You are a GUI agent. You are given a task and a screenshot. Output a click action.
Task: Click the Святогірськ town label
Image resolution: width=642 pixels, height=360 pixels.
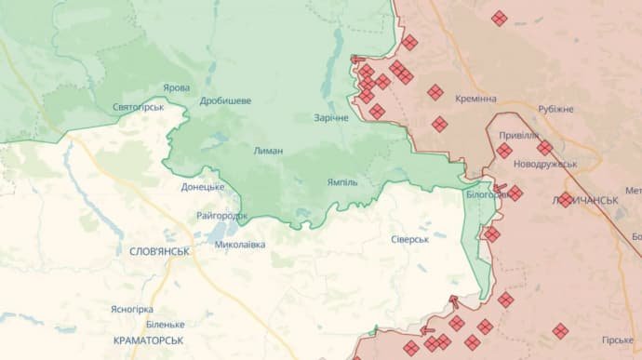pyautogui.click(x=138, y=107)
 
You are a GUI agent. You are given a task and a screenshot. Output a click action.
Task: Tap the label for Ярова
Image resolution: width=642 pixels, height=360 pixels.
pyautogui.click(x=177, y=87)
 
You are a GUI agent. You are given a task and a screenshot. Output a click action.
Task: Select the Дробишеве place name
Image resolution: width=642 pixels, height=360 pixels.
pyautogui.click(x=225, y=100)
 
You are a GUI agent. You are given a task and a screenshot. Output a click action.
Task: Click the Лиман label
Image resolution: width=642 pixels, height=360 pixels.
pyautogui.click(x=268, y=150)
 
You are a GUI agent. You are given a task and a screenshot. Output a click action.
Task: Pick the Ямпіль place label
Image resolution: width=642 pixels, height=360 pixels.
pyautogui.click(x=342, y=181)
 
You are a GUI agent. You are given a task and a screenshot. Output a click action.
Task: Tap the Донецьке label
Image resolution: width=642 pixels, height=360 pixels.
pyautogui.click(x=203, y=186)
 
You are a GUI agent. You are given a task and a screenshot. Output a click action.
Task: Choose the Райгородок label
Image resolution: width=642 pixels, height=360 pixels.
pyautogui.click(x=222, y=215)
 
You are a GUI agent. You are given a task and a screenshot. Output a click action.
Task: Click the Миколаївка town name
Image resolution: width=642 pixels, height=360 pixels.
pyautogui.click(x=239, y=245)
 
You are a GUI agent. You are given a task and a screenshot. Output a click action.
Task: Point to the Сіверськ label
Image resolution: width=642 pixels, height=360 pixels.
pyautogui.click(x=409, y=239)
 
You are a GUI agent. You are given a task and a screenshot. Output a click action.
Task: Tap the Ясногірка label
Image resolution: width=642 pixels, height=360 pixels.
pyautogui.click(x=131, y=309)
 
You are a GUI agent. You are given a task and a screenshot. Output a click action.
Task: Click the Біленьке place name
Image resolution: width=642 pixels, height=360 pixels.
pyautogui.click(x=165, y=324)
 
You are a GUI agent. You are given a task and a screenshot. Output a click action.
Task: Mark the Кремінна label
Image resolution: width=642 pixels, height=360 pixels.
pyautogui.click(x=475, y=99)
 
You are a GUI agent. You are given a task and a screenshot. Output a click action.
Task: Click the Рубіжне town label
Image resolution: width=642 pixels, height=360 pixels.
pyautogui.click(x=555, y=109)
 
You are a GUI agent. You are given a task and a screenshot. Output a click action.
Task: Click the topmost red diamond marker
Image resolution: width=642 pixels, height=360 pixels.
pyautogui.click(x=500, y=18)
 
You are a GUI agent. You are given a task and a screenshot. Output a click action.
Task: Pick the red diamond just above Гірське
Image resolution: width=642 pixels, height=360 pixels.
pyautogui.click(x=560, y=330)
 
